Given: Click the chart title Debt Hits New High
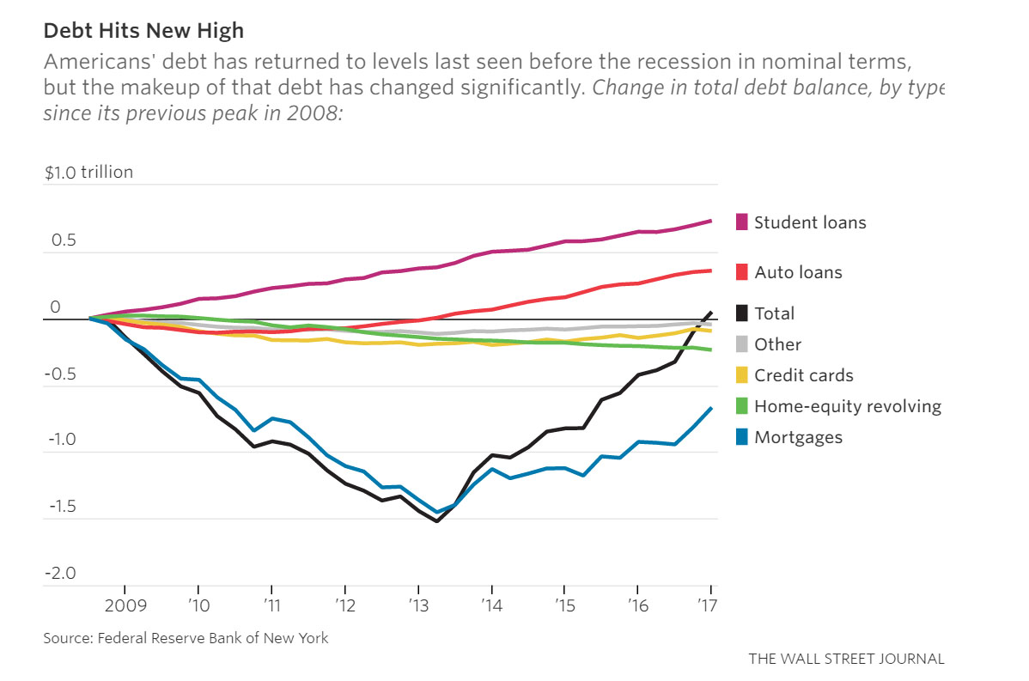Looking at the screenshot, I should point(143,31).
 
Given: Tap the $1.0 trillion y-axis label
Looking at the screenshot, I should point(89,172).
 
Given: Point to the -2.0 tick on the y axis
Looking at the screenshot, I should point(59,574).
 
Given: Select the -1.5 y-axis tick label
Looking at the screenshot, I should point(59,507).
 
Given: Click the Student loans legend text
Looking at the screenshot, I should point(810,222).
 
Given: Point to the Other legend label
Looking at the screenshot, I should point(777,344).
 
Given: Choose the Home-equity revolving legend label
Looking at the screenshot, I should point(847,406).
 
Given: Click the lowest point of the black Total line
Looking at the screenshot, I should point(437,521).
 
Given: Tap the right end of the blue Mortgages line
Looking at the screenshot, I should point(711,409).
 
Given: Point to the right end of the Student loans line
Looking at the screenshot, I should point(711,221).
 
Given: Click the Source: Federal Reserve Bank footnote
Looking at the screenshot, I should point(186,638).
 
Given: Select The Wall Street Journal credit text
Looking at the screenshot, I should point(846,659).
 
